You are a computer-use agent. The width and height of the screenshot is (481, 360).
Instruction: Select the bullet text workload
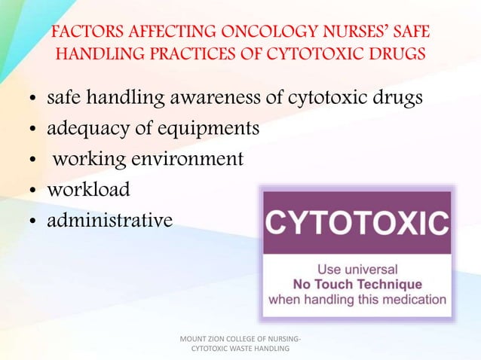[x=88, y=190]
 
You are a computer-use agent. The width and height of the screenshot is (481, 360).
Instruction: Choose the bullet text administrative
[x=109, y=220]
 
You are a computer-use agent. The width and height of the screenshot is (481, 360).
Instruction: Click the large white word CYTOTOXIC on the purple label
[x=357, y=224]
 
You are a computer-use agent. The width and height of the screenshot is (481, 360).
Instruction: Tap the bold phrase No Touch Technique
[x=357, y=284]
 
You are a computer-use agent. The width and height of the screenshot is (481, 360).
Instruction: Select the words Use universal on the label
[x=357, y=269]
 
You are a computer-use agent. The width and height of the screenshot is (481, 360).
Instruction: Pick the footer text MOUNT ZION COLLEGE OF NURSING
[x=240, y=337]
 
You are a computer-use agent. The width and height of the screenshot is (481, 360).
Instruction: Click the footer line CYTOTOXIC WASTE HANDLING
[x=240, y=348]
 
